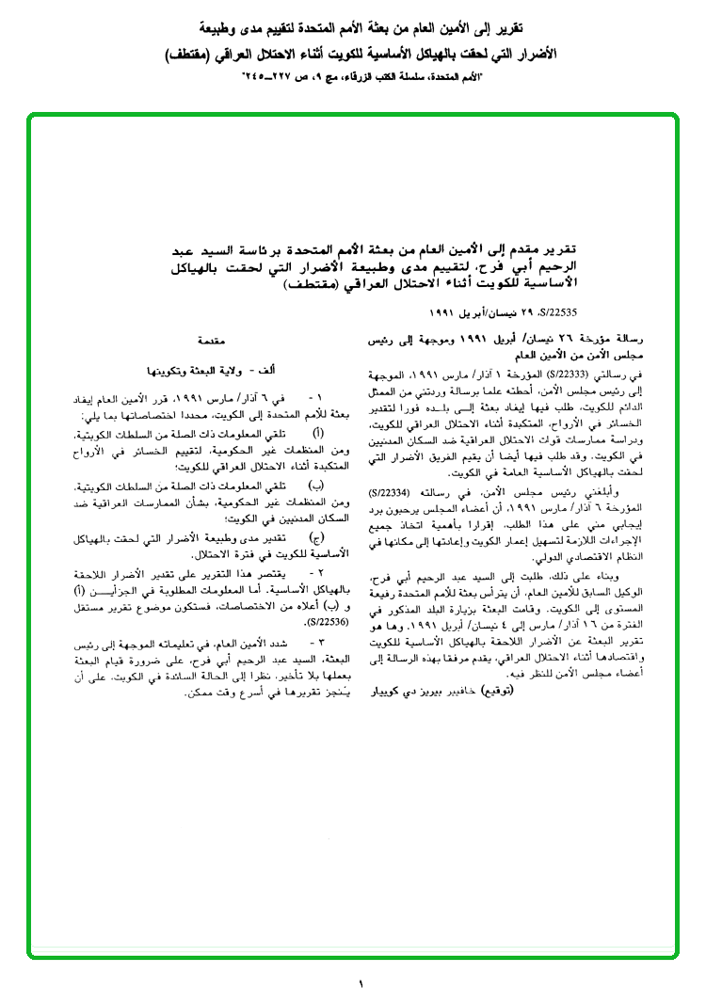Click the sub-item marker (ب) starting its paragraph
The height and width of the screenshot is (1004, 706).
pyautogui.click(x=316, y=485)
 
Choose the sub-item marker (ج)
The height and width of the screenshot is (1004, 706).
pyautogui.click(x=316, y=537)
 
